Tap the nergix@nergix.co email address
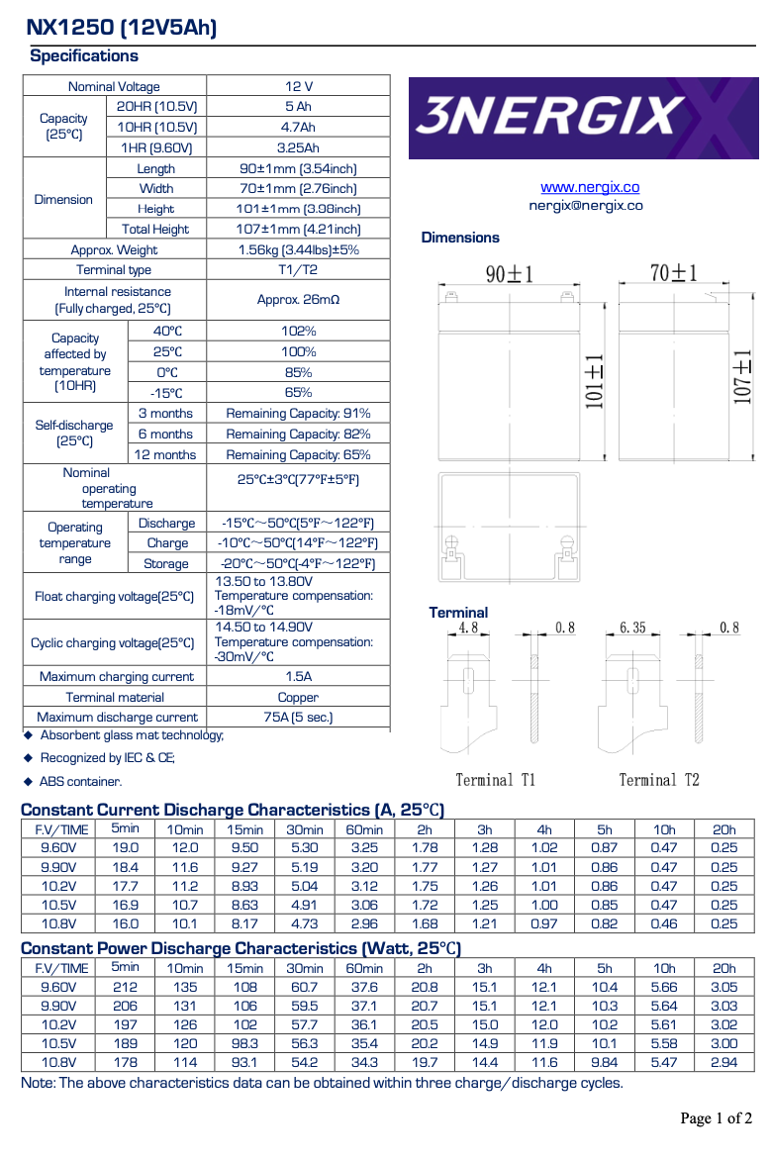pos(586,206)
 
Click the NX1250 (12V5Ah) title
pos(122,28)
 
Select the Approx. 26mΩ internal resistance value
pos(299,299)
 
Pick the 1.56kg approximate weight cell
pos(299,250)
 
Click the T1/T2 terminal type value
pos(299,270)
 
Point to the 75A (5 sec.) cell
pos(299,717)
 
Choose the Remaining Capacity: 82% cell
pos(299,435)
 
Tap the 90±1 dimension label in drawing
pos(510,274)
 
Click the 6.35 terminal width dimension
pos(632,628)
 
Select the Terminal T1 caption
pos(495,780)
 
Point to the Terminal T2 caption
pos(659,780)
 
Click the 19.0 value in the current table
pos(126,848)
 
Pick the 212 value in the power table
pos(126,987)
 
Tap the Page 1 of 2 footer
pos(716,1118)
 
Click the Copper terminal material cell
pos(299,697)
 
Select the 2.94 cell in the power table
pos(724,1062)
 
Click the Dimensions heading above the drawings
pos(460,238)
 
